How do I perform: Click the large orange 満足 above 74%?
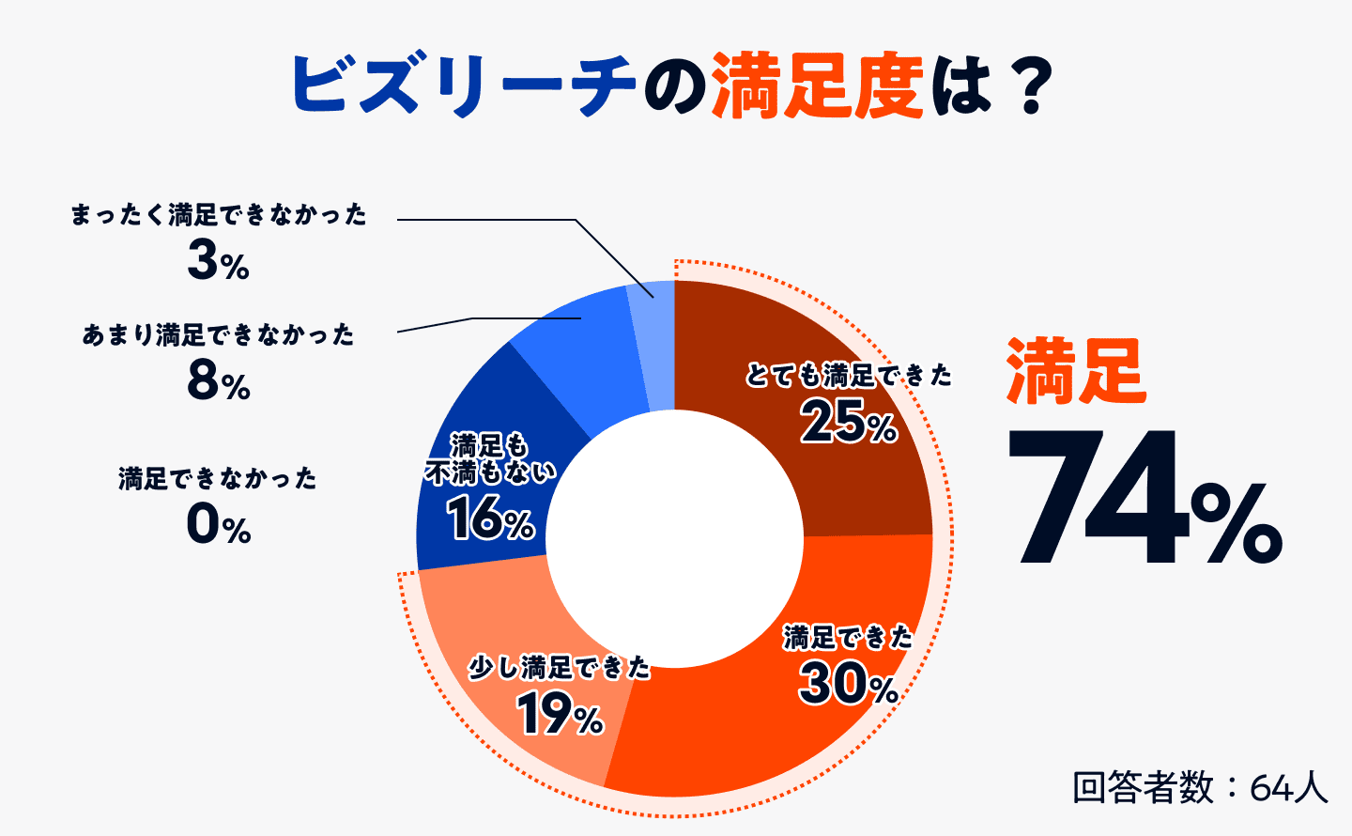click(1075, 372)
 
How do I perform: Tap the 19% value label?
click(560, 716)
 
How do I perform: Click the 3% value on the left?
click(218, 261)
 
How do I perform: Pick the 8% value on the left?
click(218, 381)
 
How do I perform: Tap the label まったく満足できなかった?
click(218, 215)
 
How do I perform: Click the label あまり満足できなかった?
click(218, 334)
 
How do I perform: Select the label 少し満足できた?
click(560, 668)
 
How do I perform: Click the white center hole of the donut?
click(674, 539)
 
